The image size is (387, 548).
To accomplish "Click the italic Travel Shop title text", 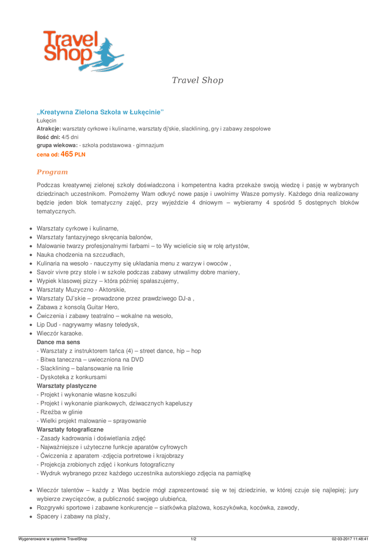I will (197, 80).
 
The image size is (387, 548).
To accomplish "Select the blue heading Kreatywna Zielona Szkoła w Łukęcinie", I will (100, 112).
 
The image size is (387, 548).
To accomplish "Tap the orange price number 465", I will (67, 154).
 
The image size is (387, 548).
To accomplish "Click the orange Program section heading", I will (52, 172).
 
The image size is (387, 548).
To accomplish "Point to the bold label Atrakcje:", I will (49, 129).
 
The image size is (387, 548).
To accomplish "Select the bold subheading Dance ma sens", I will (58, 341).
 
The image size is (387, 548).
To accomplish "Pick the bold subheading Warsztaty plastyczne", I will (67, 385).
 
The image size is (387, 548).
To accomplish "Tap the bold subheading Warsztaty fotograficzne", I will (70, 429).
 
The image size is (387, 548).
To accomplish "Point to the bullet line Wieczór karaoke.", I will (60, 333).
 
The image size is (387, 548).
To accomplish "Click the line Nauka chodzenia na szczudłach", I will (81, 255).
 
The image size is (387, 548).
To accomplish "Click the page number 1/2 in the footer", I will (193, 539).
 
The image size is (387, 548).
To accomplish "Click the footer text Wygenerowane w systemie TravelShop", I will (52, 539).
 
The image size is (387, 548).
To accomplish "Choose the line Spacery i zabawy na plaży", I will (73, 516).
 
